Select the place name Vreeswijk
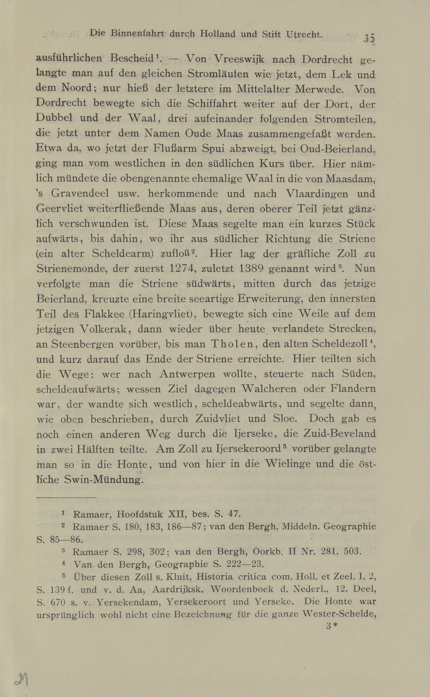coord(239,60)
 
